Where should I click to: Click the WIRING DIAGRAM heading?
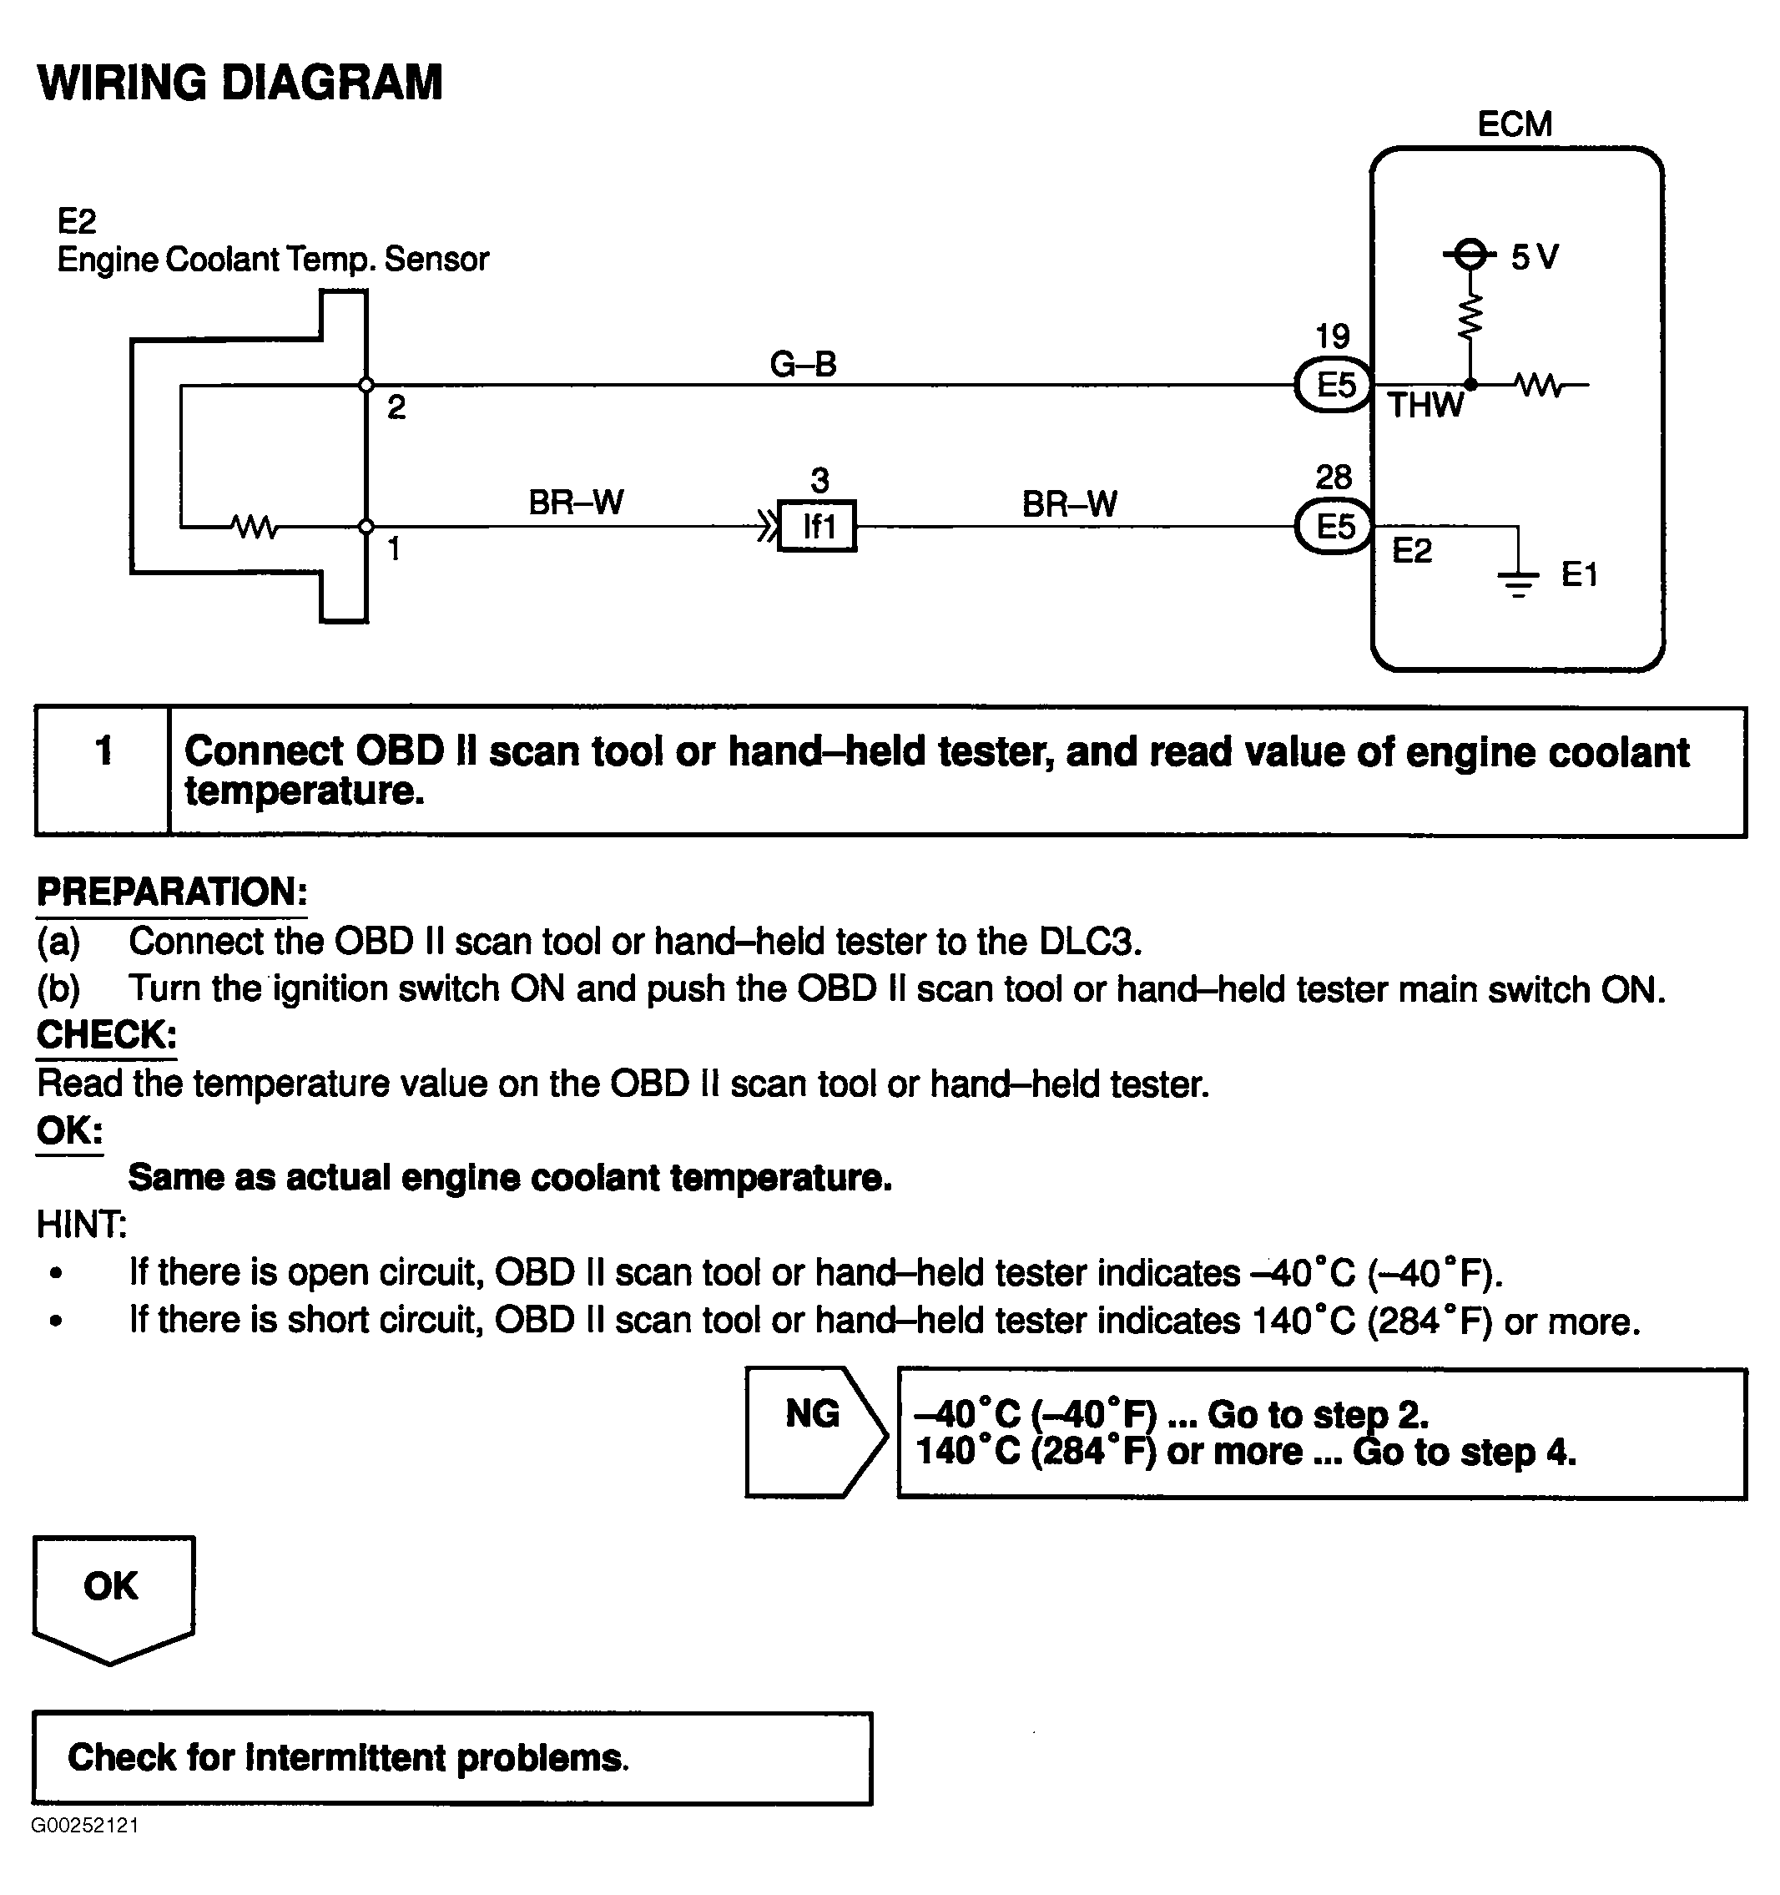(240, 83)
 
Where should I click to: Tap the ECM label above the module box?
(1514, 124)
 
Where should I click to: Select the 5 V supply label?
(1534, 256)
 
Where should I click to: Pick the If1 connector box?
(817, 526)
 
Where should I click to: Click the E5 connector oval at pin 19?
(1333, 386)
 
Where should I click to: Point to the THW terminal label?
(1425, 406)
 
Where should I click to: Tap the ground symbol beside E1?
(1518, 579)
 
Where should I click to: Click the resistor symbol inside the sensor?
(255, 526)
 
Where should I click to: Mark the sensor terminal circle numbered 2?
(366, 385)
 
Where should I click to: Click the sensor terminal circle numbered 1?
(366, 526)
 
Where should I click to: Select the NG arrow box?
(813, 1432)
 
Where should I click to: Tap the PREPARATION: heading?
(172, 892)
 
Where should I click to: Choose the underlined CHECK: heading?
(107, 1035)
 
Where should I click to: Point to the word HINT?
(81, 1225)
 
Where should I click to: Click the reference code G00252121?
(85, 1826)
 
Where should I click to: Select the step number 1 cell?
(103, 771)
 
